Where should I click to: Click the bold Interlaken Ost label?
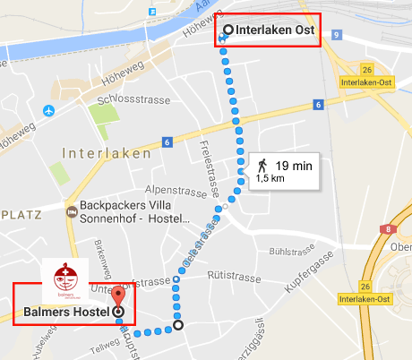click(x=274, y=30)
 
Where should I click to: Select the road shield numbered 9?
click(x=336, y=34)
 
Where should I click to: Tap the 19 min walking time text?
click(x=293, y=166)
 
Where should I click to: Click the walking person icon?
click(x=262, y=166)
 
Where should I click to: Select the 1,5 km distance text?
click(x=270, y=179)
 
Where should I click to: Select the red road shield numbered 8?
click(x=386, y=229)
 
